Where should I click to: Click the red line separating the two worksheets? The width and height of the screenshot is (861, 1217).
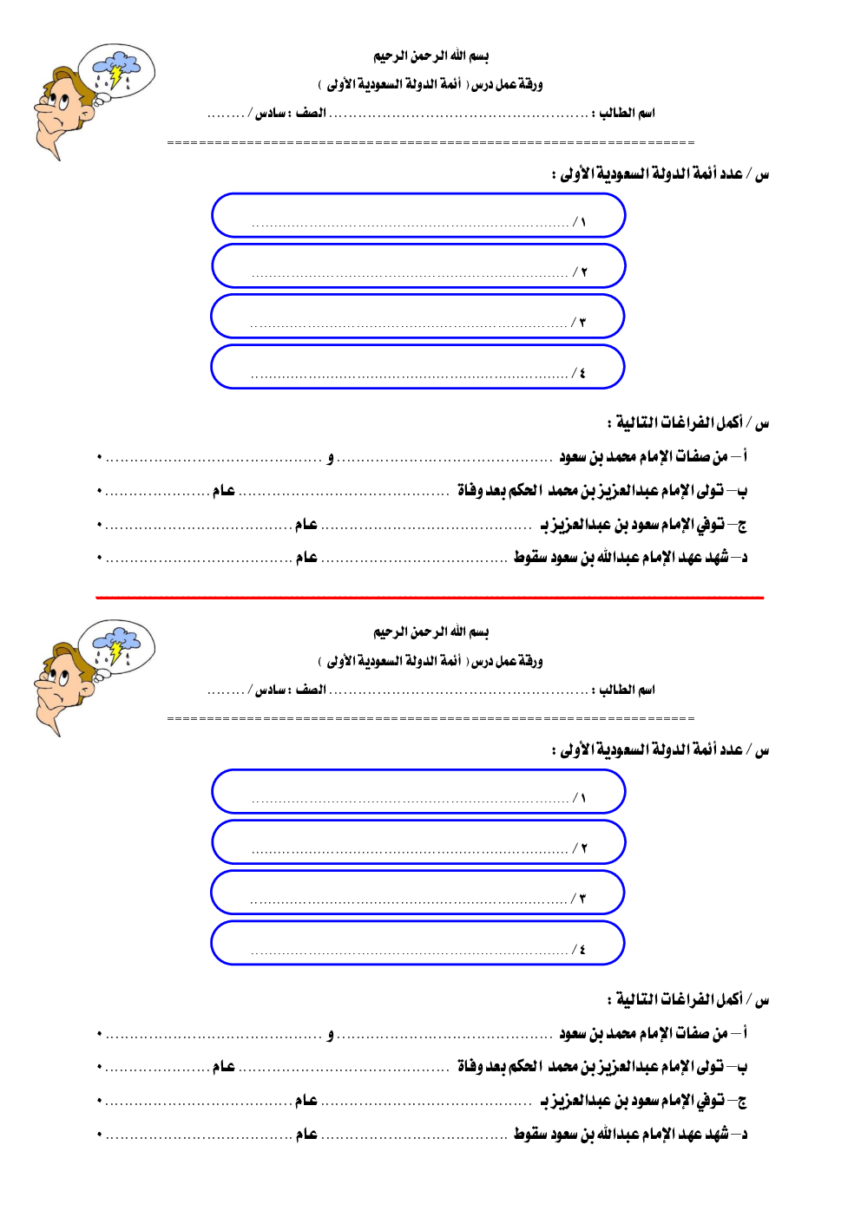(430, 598)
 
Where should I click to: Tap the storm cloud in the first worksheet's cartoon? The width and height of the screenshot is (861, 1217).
(116, 67)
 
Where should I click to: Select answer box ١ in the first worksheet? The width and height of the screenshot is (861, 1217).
(418, 215)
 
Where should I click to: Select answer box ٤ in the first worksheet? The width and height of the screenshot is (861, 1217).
(417, 367)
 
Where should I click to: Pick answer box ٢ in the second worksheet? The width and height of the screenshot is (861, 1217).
(418, 842)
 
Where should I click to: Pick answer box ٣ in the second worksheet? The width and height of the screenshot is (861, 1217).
(417, 893)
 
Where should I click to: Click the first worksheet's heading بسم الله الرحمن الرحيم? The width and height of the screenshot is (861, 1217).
(430, 56)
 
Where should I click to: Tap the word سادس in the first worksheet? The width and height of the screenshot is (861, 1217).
(271, 114)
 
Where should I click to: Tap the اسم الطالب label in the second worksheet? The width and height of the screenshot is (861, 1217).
(627, 690)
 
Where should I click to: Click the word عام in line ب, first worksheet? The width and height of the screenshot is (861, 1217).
(224, 491)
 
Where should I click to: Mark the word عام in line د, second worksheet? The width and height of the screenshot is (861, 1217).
(306, 1134)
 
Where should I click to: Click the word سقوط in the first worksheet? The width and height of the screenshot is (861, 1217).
(529, 557)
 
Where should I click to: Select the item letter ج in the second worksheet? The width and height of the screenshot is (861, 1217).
(741, 1101)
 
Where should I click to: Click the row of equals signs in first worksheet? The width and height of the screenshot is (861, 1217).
(430, 142)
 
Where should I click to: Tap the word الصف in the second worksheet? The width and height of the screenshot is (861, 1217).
(311, 690)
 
